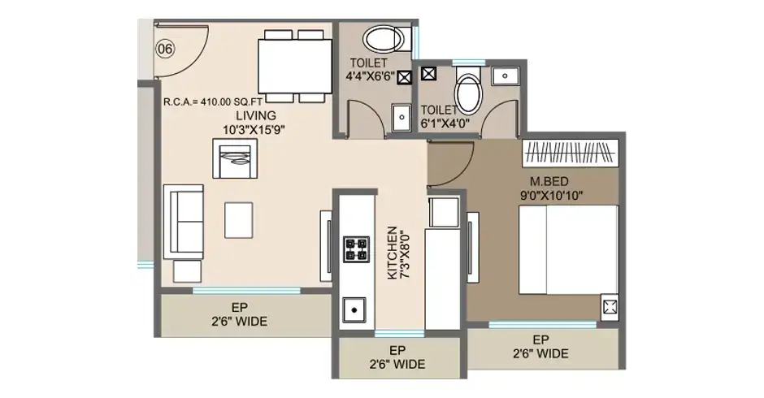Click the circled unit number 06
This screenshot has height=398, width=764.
tap(165, 49)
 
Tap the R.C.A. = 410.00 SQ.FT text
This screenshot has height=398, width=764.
tap(213, 102)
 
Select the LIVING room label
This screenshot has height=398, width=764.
tap(256, 116)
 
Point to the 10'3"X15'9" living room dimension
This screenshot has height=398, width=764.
tap(254, 130)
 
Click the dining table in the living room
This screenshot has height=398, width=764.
tap(295, 67)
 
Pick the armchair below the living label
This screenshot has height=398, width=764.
tap(235, 158)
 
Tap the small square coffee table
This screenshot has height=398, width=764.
tap(238, 220)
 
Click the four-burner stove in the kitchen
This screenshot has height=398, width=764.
tap(356, 249)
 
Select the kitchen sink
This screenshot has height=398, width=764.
tap(354, 309)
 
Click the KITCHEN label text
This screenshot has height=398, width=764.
tap(393, 253)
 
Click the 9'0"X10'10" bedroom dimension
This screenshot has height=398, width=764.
tap(551, 196)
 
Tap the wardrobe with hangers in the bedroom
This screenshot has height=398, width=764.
tap(571, 154)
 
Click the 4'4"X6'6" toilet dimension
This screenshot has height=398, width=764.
tap(370, 76)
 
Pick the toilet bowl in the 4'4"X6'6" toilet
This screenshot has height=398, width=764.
tap(385, 39)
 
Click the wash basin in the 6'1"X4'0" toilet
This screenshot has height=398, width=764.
tap(506, 76)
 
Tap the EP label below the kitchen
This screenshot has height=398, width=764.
tap(397, 350)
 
